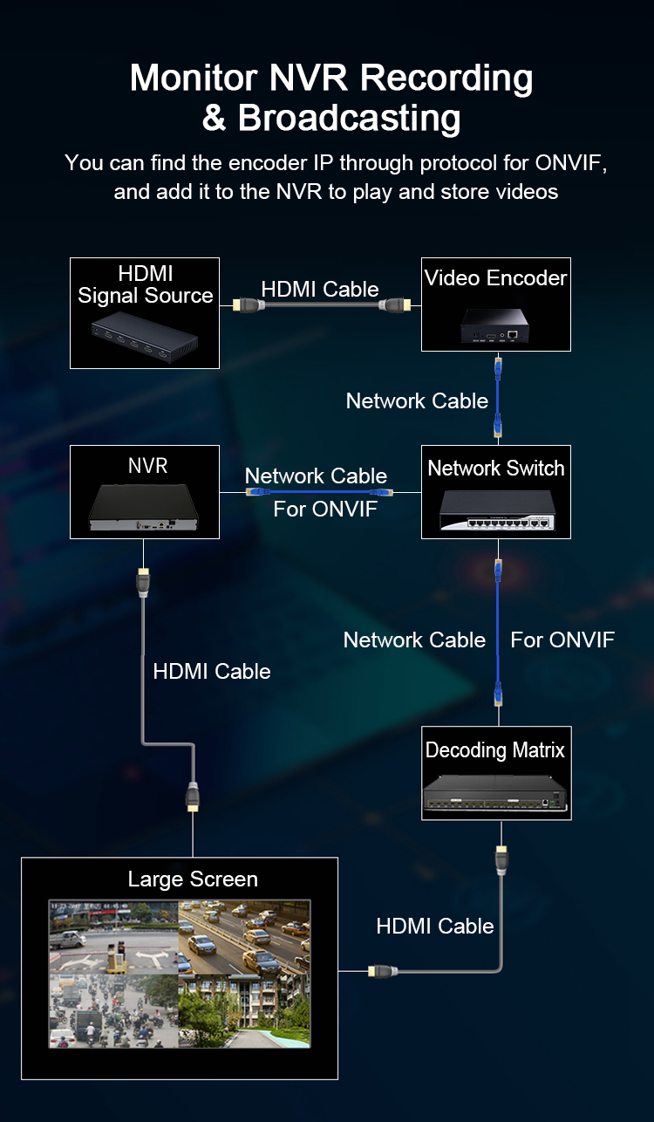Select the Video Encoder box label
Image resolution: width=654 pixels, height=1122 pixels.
coord(495,278)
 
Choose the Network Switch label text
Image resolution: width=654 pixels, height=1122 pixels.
coord(495,469)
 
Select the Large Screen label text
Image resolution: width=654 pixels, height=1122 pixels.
coord(193,879)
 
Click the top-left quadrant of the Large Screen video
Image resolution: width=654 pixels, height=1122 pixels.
coord(113,937)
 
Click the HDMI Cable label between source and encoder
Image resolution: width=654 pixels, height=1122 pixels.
coord(320,289)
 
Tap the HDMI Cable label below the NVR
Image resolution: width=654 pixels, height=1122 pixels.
coord(212,671)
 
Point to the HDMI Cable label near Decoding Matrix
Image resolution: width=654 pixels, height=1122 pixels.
coord(435,926)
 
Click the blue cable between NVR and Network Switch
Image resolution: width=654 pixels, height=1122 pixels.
coord(319,493)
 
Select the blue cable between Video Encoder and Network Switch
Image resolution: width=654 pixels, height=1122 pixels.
coord(497,397)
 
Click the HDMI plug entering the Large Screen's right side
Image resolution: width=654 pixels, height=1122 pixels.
coord(382,970)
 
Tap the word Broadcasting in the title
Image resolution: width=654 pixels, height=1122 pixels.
coord(349,118)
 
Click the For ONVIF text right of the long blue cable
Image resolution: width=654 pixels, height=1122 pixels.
coord(562,640)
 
